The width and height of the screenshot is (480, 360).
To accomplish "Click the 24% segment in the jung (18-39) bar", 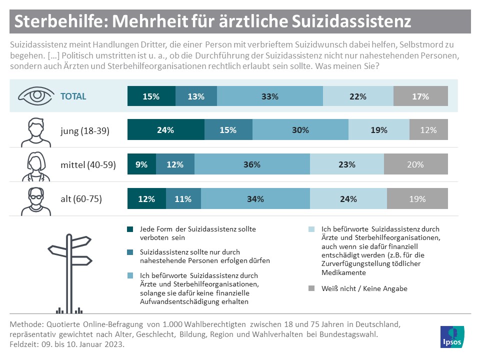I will (x=165, y=130).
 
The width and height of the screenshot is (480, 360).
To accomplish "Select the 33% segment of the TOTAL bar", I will (x=270, y=97).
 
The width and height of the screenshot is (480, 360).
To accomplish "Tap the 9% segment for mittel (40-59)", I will (x=141, y=164).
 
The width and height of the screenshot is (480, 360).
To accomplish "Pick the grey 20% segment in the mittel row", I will (x=415, y=164).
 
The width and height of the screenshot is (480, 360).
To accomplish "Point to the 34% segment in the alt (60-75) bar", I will (x=255, y=199).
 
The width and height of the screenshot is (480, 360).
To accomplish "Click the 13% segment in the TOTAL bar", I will (x=196, y=97).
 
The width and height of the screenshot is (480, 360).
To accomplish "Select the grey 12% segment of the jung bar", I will (x=428, y=130).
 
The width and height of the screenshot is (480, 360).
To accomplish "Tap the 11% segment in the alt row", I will (x=183, y=199).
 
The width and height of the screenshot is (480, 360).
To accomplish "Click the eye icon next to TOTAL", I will (x=34, y=96).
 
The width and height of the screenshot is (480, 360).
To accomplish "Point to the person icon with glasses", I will (x=33, y=198).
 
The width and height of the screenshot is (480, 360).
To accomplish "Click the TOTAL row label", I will (x=73, y=97).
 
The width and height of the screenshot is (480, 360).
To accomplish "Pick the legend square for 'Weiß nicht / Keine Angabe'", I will (x=311, y=288).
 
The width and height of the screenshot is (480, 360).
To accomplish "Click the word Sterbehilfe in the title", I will (x=56, y=21).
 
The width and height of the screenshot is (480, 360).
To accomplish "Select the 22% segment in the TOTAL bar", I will (x=358, y=97).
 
